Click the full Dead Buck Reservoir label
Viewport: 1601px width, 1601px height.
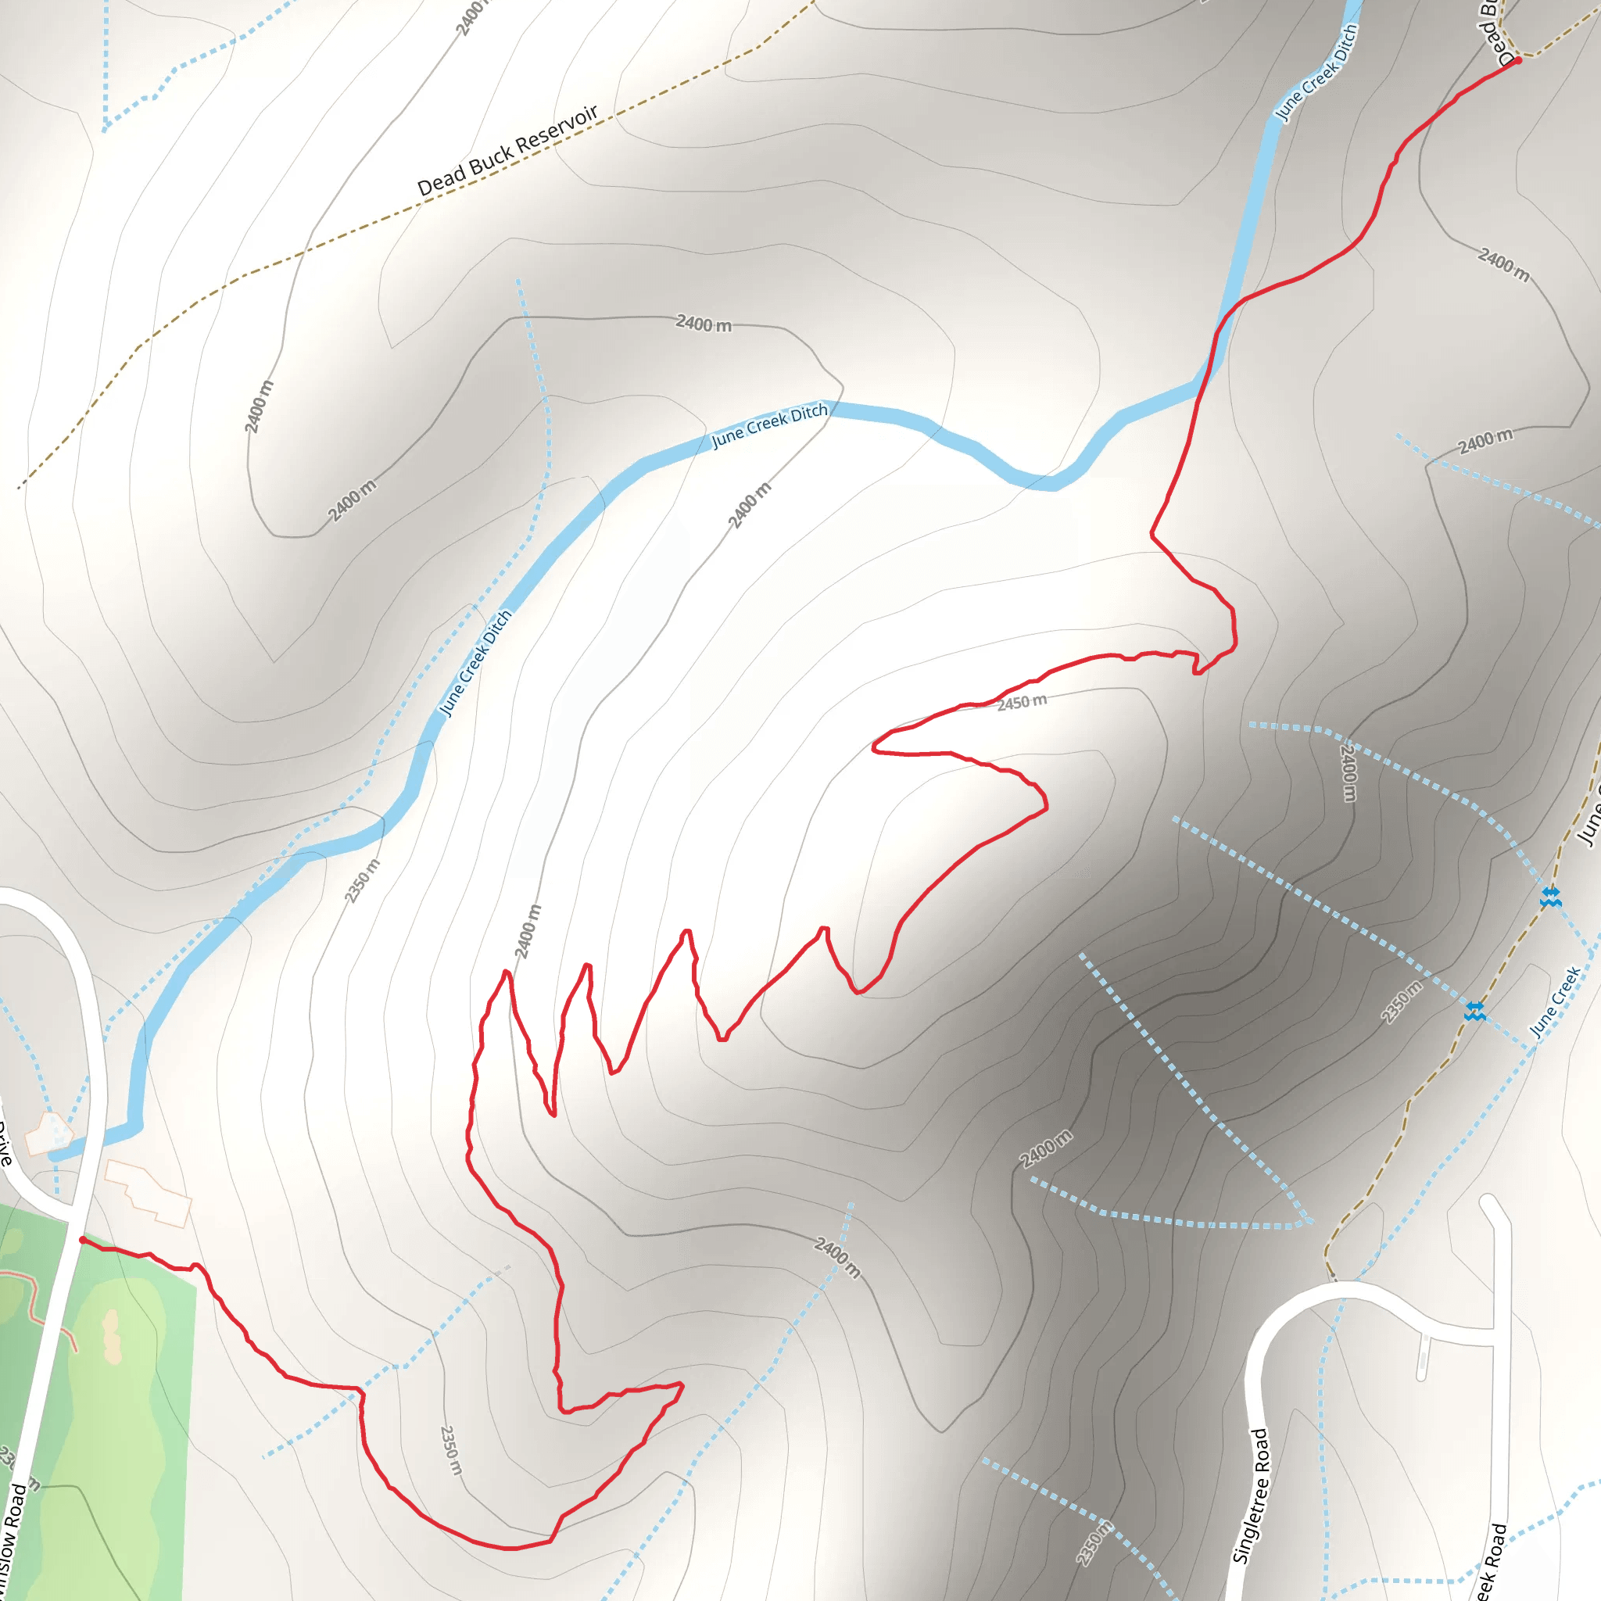pos(507,150)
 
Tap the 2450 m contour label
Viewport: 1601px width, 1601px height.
pos(1022,702)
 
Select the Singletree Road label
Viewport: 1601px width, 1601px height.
pos(1252,1495)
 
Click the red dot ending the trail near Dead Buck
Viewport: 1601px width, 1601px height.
pos(1517,60)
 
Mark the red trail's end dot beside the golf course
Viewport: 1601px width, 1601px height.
pos(82,1240)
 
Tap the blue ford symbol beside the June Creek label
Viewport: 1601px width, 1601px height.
pos(1474,1010)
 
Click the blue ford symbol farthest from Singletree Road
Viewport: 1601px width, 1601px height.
pos(1550,897)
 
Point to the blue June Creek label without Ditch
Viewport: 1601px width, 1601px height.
pos(1555,1002)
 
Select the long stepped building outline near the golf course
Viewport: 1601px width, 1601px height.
pos(148,1192)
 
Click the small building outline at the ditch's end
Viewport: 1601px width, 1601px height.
pos(50,1133)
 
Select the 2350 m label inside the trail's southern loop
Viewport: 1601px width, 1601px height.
pos(451,1450)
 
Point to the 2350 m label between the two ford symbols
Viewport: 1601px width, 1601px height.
pos(1402,1001)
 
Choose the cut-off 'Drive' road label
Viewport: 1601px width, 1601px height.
pos(5,1144)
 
